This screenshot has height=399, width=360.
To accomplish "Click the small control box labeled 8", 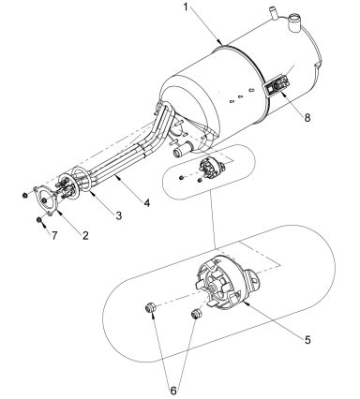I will pyautogui.click(x=279, y=90).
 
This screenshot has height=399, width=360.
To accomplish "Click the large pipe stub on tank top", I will pyautogui.click(x=298, y=18).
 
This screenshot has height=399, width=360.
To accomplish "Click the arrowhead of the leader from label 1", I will pyautogui.click(x=220, y=45).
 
